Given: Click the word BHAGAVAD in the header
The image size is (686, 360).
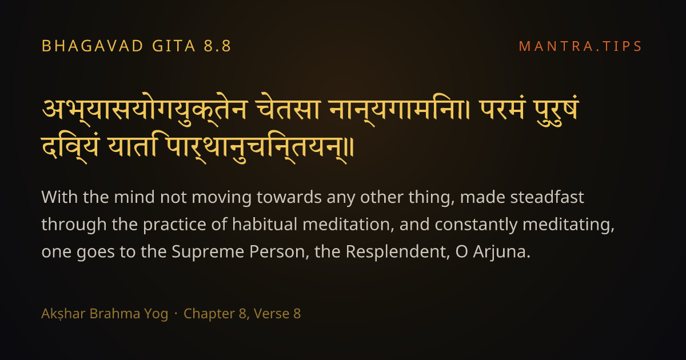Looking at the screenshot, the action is click(x=93, y=46).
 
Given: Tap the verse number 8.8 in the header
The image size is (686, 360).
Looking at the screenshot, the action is click(x=217, y=46).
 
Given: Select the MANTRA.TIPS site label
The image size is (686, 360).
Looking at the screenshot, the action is click(x=580, y=46).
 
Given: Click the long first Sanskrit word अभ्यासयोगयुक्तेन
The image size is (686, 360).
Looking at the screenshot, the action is click(x=144, y=110).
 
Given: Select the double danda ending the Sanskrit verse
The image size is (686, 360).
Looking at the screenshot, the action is click(x=350, y=147).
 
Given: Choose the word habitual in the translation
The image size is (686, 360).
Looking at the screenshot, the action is click(x=265, y=224).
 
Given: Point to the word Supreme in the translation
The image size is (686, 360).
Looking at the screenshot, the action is click(x=208, y=251).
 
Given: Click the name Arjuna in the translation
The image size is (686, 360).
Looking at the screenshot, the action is click(x=501, y=252).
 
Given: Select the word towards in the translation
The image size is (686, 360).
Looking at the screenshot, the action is click(x=289, y=197).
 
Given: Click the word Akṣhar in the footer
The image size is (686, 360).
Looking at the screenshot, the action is click(x=63, y=314).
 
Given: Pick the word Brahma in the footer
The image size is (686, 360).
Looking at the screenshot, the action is click(x=114, y=314).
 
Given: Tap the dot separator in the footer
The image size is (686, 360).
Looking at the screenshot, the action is click(x=176, y=314).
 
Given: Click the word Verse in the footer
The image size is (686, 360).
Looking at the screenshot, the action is click(x=272, y=314).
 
